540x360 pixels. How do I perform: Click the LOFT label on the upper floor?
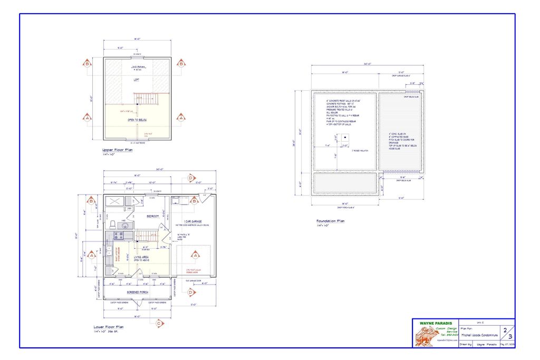point(137,79)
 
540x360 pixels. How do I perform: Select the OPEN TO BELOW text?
point(137,120)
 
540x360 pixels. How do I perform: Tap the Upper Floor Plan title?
point(118,150)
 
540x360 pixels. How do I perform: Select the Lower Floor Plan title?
point(108,327)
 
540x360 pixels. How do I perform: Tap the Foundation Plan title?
point(330,221)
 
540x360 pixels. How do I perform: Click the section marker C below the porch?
point(158,324)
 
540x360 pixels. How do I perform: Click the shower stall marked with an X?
point(115,201)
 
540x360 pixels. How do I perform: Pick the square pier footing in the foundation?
point(345,138)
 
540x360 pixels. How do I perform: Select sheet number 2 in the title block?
point(505,329)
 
